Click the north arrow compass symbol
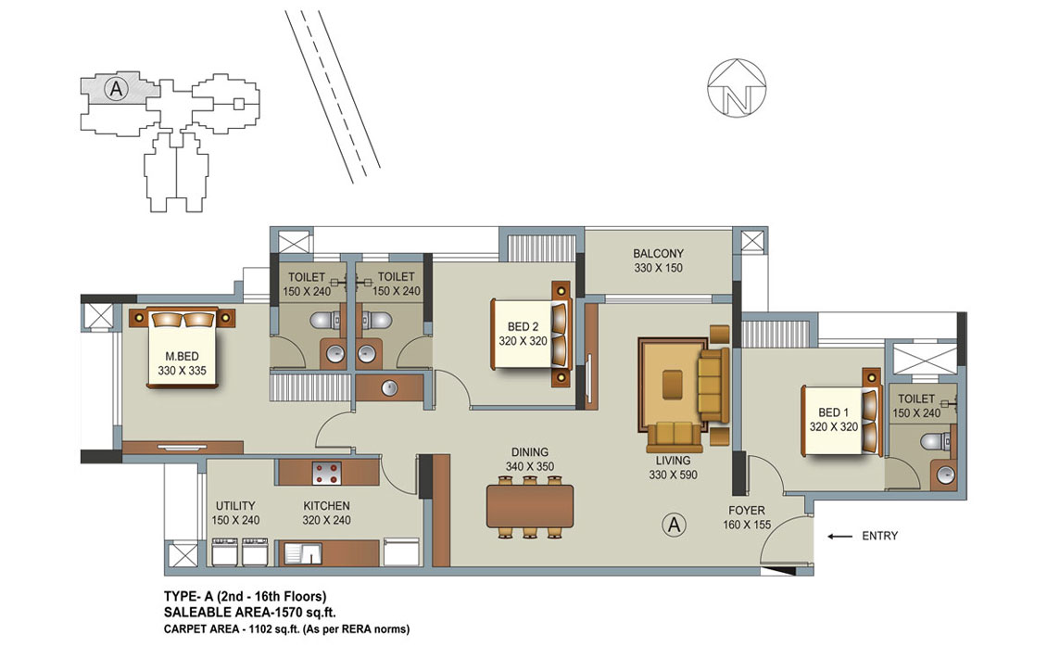(737, 87)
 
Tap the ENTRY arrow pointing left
(839, 536)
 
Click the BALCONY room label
(659, 253)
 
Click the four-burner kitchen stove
(326, 473)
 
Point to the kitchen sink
(302, 554)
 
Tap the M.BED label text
(182, 356)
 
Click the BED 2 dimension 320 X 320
(523, 341)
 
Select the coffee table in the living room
(673, 384)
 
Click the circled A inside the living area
(675, 526)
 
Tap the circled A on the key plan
(116, 88)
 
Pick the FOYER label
(747, 511)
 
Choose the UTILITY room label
(235, 506)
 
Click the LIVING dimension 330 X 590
(673, 475)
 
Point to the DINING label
(530, 452)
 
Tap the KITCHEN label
(326, 506)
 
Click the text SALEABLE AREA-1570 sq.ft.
(250, 612)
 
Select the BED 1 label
(833, 412)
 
